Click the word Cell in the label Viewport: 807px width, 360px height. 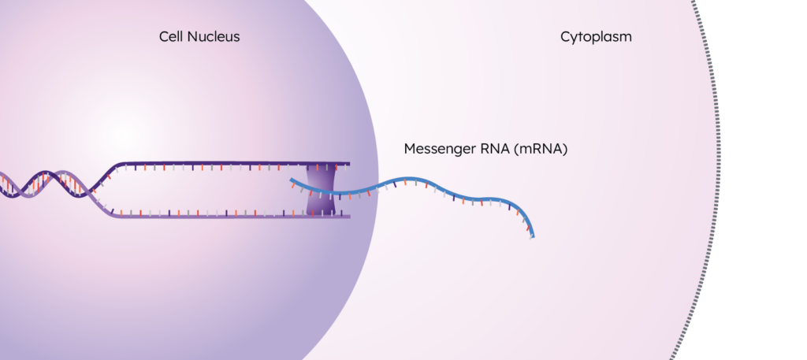[171, 37]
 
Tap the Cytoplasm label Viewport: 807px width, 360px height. [596, 38]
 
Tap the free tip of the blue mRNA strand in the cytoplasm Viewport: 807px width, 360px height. [533, 236]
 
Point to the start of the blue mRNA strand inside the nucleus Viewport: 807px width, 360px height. [292, 180]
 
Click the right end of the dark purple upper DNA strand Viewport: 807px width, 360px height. [349, 164]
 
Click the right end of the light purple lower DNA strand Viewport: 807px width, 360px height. [349, 217]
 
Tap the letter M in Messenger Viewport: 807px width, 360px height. [410, 149]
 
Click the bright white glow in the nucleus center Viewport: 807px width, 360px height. [124, 135]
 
